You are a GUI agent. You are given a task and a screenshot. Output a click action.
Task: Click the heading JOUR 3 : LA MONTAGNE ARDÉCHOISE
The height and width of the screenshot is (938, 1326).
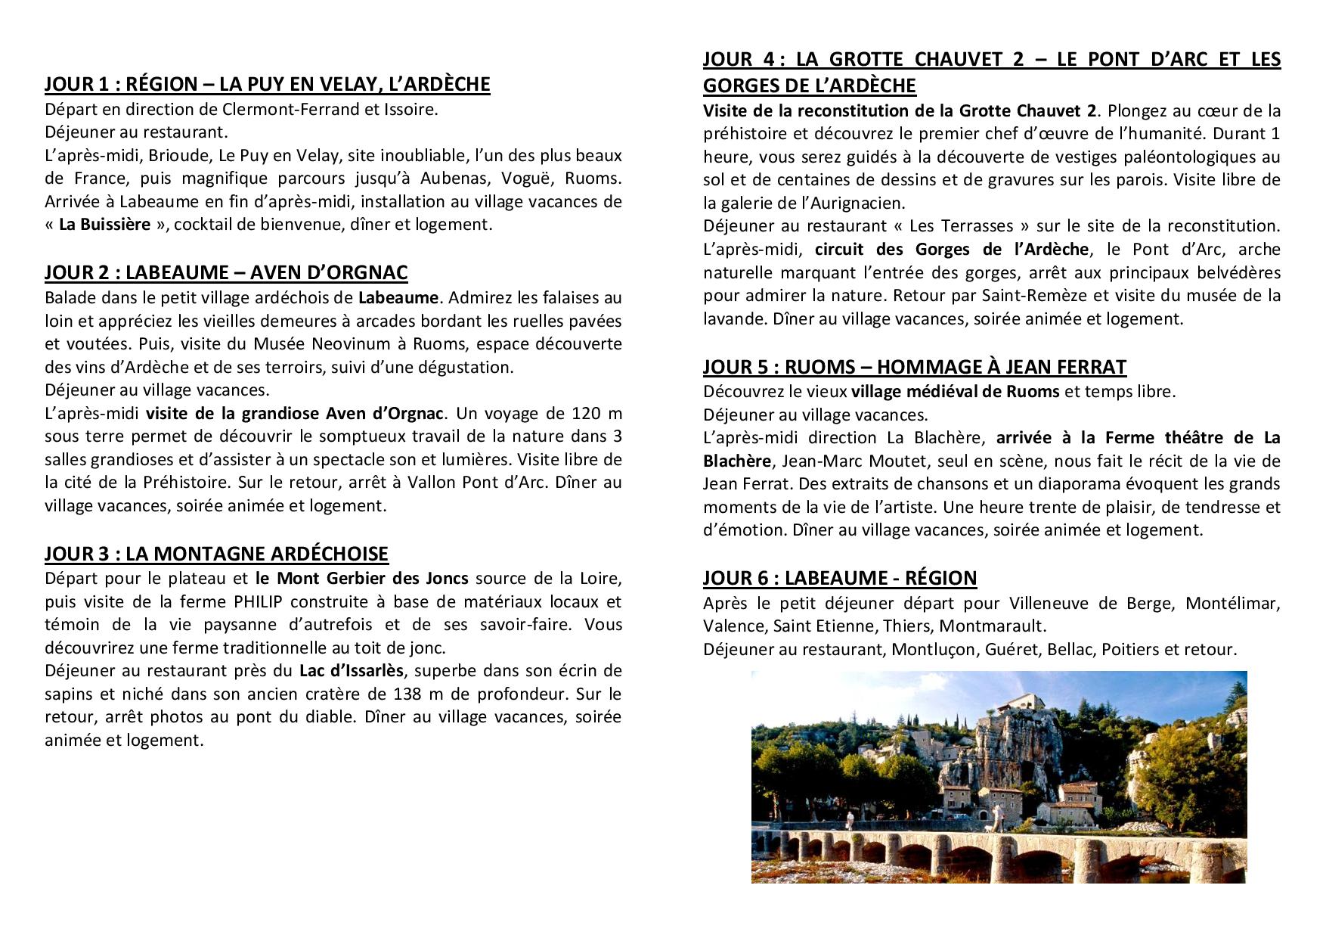point(216,554)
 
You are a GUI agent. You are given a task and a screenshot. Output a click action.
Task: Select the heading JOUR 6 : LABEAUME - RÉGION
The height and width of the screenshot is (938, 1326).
point(839,578)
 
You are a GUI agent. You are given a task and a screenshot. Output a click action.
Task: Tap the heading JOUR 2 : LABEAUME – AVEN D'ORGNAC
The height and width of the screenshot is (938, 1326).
point(226,272)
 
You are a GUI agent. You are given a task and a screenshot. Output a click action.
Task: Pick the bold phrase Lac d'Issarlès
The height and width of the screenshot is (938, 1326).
point(352,671)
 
